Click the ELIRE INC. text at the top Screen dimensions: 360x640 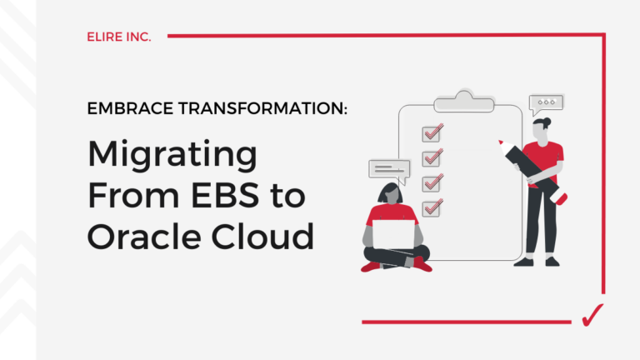pyautogui.click(x=119, y=37)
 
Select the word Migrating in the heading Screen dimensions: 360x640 pyautogui.click(x=172, y=156)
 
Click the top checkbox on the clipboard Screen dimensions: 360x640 pyautogui.click(x=432, y=133)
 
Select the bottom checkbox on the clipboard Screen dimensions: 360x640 pyautogui.click(x=432, y=207)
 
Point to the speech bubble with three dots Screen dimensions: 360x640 pyautogui.click(x=546, y=104)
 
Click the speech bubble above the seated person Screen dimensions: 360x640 pyautogui.click(x=388, y=170)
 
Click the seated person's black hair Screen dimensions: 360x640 pyautogui.click(x=389, y=194)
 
